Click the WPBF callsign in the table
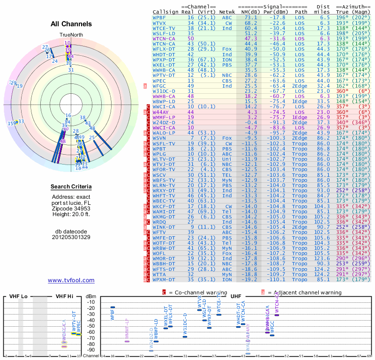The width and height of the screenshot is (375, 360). point(160,17)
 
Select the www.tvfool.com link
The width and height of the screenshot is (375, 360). point(71,280)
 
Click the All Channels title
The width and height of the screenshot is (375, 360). point(71,24)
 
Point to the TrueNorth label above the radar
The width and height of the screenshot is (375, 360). point(71,35)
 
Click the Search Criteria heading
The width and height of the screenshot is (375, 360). point(71,187)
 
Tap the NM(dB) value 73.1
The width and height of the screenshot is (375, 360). point(251,17)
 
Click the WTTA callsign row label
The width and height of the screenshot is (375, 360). point(160,274)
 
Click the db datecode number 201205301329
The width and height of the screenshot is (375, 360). point(71,237)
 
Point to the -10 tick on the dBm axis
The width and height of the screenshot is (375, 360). point(90,302)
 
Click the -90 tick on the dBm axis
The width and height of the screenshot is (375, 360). point(90,350)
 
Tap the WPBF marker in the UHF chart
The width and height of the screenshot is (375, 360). point(112,307)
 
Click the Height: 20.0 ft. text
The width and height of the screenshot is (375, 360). point(71,214)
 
